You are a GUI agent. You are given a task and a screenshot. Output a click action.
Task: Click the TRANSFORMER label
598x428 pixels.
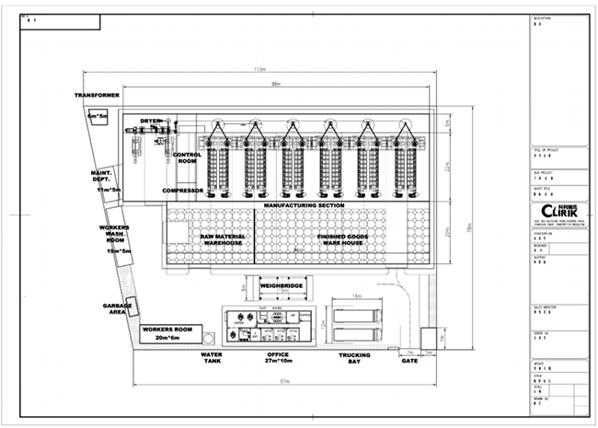98,95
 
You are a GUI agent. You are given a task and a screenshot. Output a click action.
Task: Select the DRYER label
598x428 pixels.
151,121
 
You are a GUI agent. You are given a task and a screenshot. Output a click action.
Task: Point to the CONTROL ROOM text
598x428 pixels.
187,158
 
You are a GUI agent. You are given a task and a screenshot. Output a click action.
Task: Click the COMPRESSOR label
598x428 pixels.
182,191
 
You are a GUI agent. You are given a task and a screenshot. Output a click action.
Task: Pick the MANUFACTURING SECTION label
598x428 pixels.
304,204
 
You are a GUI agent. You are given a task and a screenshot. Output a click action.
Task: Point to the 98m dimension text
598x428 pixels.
276,86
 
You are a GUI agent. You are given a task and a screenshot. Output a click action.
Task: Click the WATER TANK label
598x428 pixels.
212,358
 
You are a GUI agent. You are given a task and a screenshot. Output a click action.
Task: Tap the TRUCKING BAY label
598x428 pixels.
354,358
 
